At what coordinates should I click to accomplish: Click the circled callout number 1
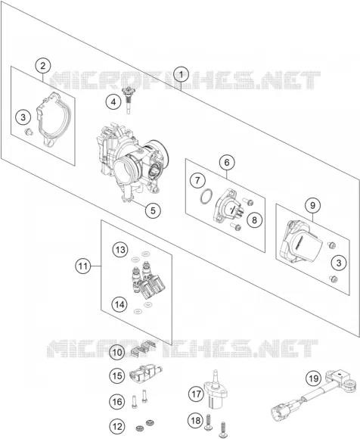[x=182, y=75]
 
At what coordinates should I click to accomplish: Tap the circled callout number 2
[x=43, y=66]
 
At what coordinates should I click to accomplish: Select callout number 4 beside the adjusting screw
[x=113, y=102]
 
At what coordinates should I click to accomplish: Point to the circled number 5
[x=153, y=210]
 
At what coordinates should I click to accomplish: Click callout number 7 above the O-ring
[x=197, y=180]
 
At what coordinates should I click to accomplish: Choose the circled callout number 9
[x=312, y=206]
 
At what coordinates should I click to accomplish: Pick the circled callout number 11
[x=83, y=266]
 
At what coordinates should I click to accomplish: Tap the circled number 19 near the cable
[x=314, y=378]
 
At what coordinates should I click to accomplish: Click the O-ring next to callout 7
[x=206, y=197]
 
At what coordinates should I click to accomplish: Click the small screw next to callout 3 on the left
[x=29, y=132]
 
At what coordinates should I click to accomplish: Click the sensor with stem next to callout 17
[x=215, y=389]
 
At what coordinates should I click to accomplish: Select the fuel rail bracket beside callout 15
[x=145, y=373]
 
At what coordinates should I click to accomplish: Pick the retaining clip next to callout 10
[x=142, y=348]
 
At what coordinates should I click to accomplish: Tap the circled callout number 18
[x=196, y=420]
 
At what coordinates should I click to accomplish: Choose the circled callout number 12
[x=117, y=426]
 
